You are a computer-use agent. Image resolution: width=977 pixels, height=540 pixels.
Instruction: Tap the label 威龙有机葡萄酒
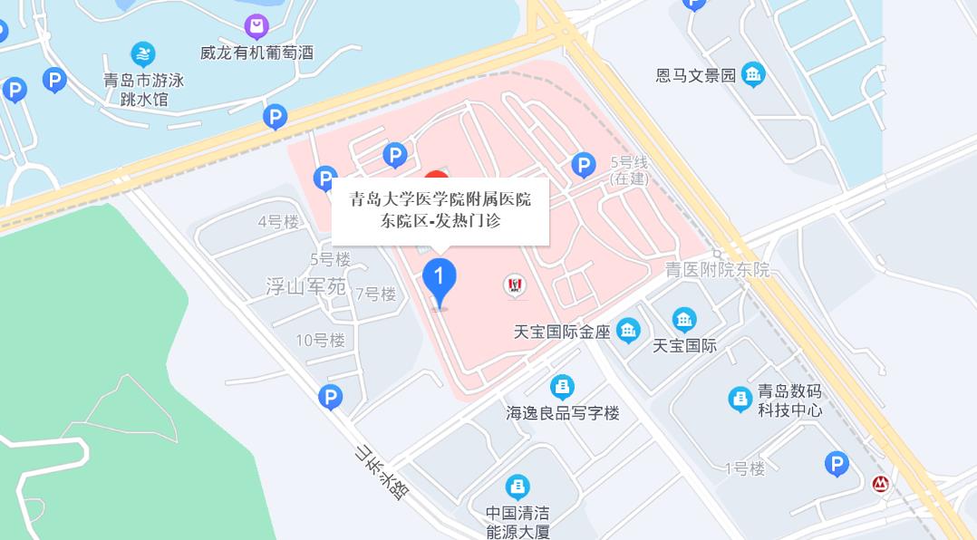tap(257, 53)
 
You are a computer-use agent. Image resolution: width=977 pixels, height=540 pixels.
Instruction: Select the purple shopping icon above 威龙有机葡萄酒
tap(257, 25)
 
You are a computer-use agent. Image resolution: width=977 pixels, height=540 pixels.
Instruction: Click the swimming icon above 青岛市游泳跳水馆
tap(143, 53)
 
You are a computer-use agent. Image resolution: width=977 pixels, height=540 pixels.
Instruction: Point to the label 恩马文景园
tap(696, 75)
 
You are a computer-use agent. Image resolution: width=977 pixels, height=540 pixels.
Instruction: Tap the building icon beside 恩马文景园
tap(753, 74)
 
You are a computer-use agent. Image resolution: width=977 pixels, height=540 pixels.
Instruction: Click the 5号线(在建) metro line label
tap(630, 170)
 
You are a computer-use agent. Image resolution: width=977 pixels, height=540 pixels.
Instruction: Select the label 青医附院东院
tap(717, 269)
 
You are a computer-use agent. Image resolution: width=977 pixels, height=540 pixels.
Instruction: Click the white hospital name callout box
tap(440, 210)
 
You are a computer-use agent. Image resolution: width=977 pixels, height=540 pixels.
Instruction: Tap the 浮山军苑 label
tap(306, 287)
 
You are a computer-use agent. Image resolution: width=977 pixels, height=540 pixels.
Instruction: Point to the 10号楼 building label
tap(321, 340)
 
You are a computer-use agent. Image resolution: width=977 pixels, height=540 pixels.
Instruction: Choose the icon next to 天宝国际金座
tap(628, 332)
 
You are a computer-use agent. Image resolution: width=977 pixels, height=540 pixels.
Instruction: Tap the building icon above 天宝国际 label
tap(684, 319)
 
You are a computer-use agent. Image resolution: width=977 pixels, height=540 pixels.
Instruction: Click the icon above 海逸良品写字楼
tap(563, 387)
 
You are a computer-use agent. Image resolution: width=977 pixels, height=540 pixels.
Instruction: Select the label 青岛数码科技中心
tap(789, 400)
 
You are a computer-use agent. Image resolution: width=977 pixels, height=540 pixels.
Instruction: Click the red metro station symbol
tap(879, 484)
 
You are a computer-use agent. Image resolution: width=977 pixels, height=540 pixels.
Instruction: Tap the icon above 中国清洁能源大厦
tap(518, 487)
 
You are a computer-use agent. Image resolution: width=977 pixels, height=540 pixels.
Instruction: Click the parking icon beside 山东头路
tap(331, 397)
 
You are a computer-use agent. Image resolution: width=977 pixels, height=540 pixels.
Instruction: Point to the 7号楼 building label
tap(376, 294)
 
